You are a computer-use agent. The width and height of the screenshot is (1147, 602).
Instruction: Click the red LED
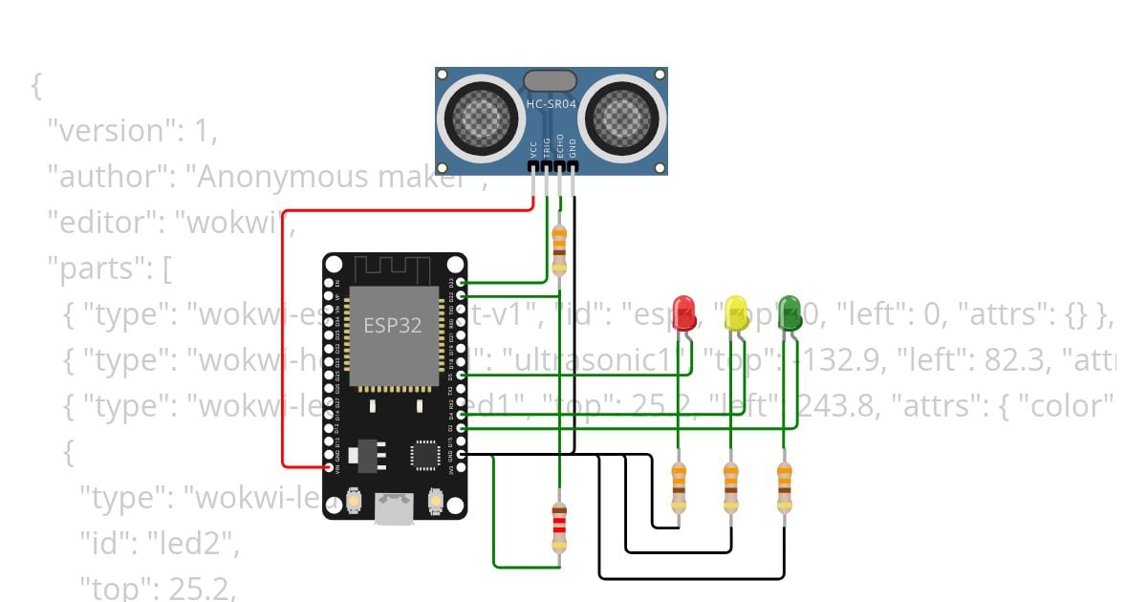(x=683, y=313)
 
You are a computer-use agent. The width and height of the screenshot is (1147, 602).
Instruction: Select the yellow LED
(x=735, y=313)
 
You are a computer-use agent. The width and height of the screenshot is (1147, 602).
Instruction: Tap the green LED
(x=790, y=312)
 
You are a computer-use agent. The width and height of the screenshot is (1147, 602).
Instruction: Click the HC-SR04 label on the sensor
(x=552, y=103)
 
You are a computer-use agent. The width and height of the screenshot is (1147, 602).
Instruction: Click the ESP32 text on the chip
(x=392, y=325)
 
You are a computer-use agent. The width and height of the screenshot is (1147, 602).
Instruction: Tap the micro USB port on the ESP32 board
(x=394, y=508)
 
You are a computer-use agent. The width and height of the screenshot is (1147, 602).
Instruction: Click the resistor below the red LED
(x=679, y=487)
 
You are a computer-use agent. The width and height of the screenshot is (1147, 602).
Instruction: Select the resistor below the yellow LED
(x=731, y=487)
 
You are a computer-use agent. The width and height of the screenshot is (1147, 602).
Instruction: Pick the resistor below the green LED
(x=785, y=487)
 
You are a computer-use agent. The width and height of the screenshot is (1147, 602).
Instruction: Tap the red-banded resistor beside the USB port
(x=559, y=527)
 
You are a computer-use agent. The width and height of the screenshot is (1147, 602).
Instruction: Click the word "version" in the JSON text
(x=112, y=131)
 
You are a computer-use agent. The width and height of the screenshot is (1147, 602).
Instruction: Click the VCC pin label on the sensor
(x=533, y=149)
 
